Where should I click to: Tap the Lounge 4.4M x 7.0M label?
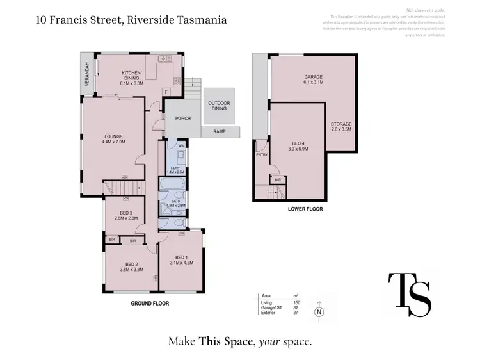[x=114, y=138]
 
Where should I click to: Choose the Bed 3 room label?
[x=125, y=216]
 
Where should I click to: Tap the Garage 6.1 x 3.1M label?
[x=313, y=80]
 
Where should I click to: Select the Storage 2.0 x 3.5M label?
[x=340, y=126]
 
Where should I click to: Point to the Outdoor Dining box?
[x=219, y=107]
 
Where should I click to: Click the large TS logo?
[x=410, y=294]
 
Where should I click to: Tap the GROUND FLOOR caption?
[x=150, y=303]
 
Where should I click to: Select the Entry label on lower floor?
[x=262, y=154]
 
